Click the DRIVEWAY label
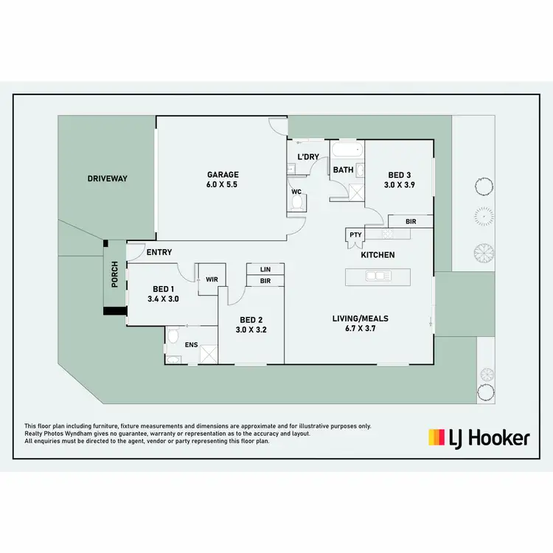pyautogui.click(x=108, y=178)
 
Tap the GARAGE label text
pyautogui.click(x=222, y=175)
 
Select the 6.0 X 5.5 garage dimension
pyautogui.click(x=222, y=185)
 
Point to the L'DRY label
pyautogui.click(x=307, y=157)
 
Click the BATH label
pyautogui.click(x=344, y=170)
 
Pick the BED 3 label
pyautogui.click(x=400, y=175)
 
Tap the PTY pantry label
pyautogui.click(x=356, y=235)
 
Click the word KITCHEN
pyautogui.click(x=378, y=255)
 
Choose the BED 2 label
pyautogui.click(x=251, y=319)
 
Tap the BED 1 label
pyautogui.click(x=164, y=288)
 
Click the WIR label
pyautogui.click(x=212, y=279)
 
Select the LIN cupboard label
pyautogui.click(x=265, y=270)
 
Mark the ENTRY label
pyautogui.click(x=159, y=252)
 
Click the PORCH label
pyautogui.click(x=114, y=276)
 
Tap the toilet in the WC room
pyautogui.click(x=297, y=202)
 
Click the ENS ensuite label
pyautogui.click(x=191, y=344)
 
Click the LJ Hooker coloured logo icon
pyautogui.click(x=437, y=438)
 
